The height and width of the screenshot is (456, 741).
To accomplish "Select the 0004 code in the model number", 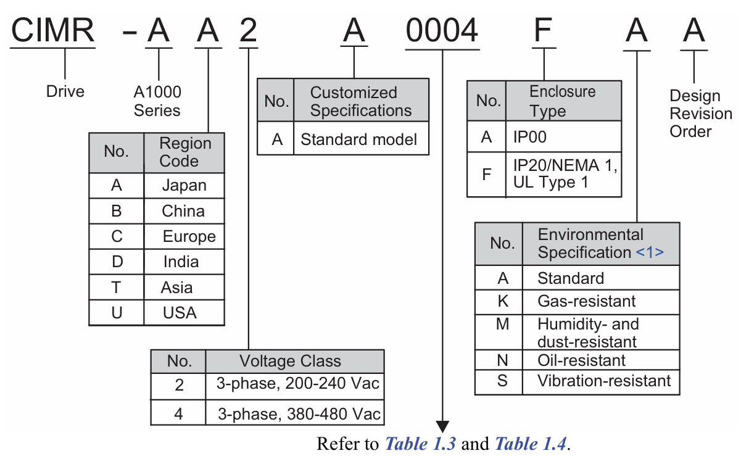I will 442,30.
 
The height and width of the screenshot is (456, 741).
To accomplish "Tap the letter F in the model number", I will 544,30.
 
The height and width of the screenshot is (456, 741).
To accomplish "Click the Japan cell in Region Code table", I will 184,186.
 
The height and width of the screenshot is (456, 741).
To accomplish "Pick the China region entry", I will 183,211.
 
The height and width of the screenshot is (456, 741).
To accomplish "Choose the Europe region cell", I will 189,236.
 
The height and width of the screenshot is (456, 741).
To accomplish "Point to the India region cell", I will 181,262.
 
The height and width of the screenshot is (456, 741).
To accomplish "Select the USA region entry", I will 180,313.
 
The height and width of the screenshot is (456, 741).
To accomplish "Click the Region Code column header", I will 184,152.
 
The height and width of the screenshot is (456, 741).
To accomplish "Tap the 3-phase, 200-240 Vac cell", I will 297,384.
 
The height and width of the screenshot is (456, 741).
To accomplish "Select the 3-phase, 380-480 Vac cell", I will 299,413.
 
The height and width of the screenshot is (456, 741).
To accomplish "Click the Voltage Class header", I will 289,361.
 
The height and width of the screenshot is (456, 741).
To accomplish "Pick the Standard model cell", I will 358,139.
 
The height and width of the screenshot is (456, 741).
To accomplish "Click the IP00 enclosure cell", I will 529,137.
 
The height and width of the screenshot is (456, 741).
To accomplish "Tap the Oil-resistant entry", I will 581,360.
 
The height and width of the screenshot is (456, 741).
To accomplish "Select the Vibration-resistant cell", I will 603,381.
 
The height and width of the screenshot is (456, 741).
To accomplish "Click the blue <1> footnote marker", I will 649,252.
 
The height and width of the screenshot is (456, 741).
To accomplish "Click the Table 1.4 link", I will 530,444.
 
